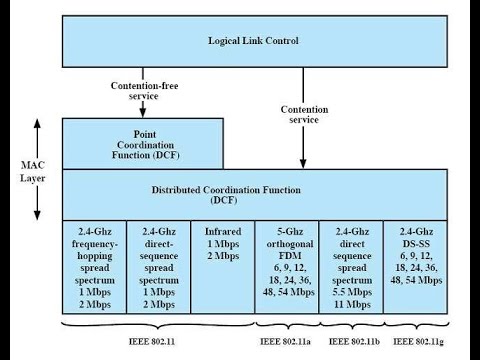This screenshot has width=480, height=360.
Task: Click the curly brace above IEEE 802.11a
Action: [288, 324]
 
